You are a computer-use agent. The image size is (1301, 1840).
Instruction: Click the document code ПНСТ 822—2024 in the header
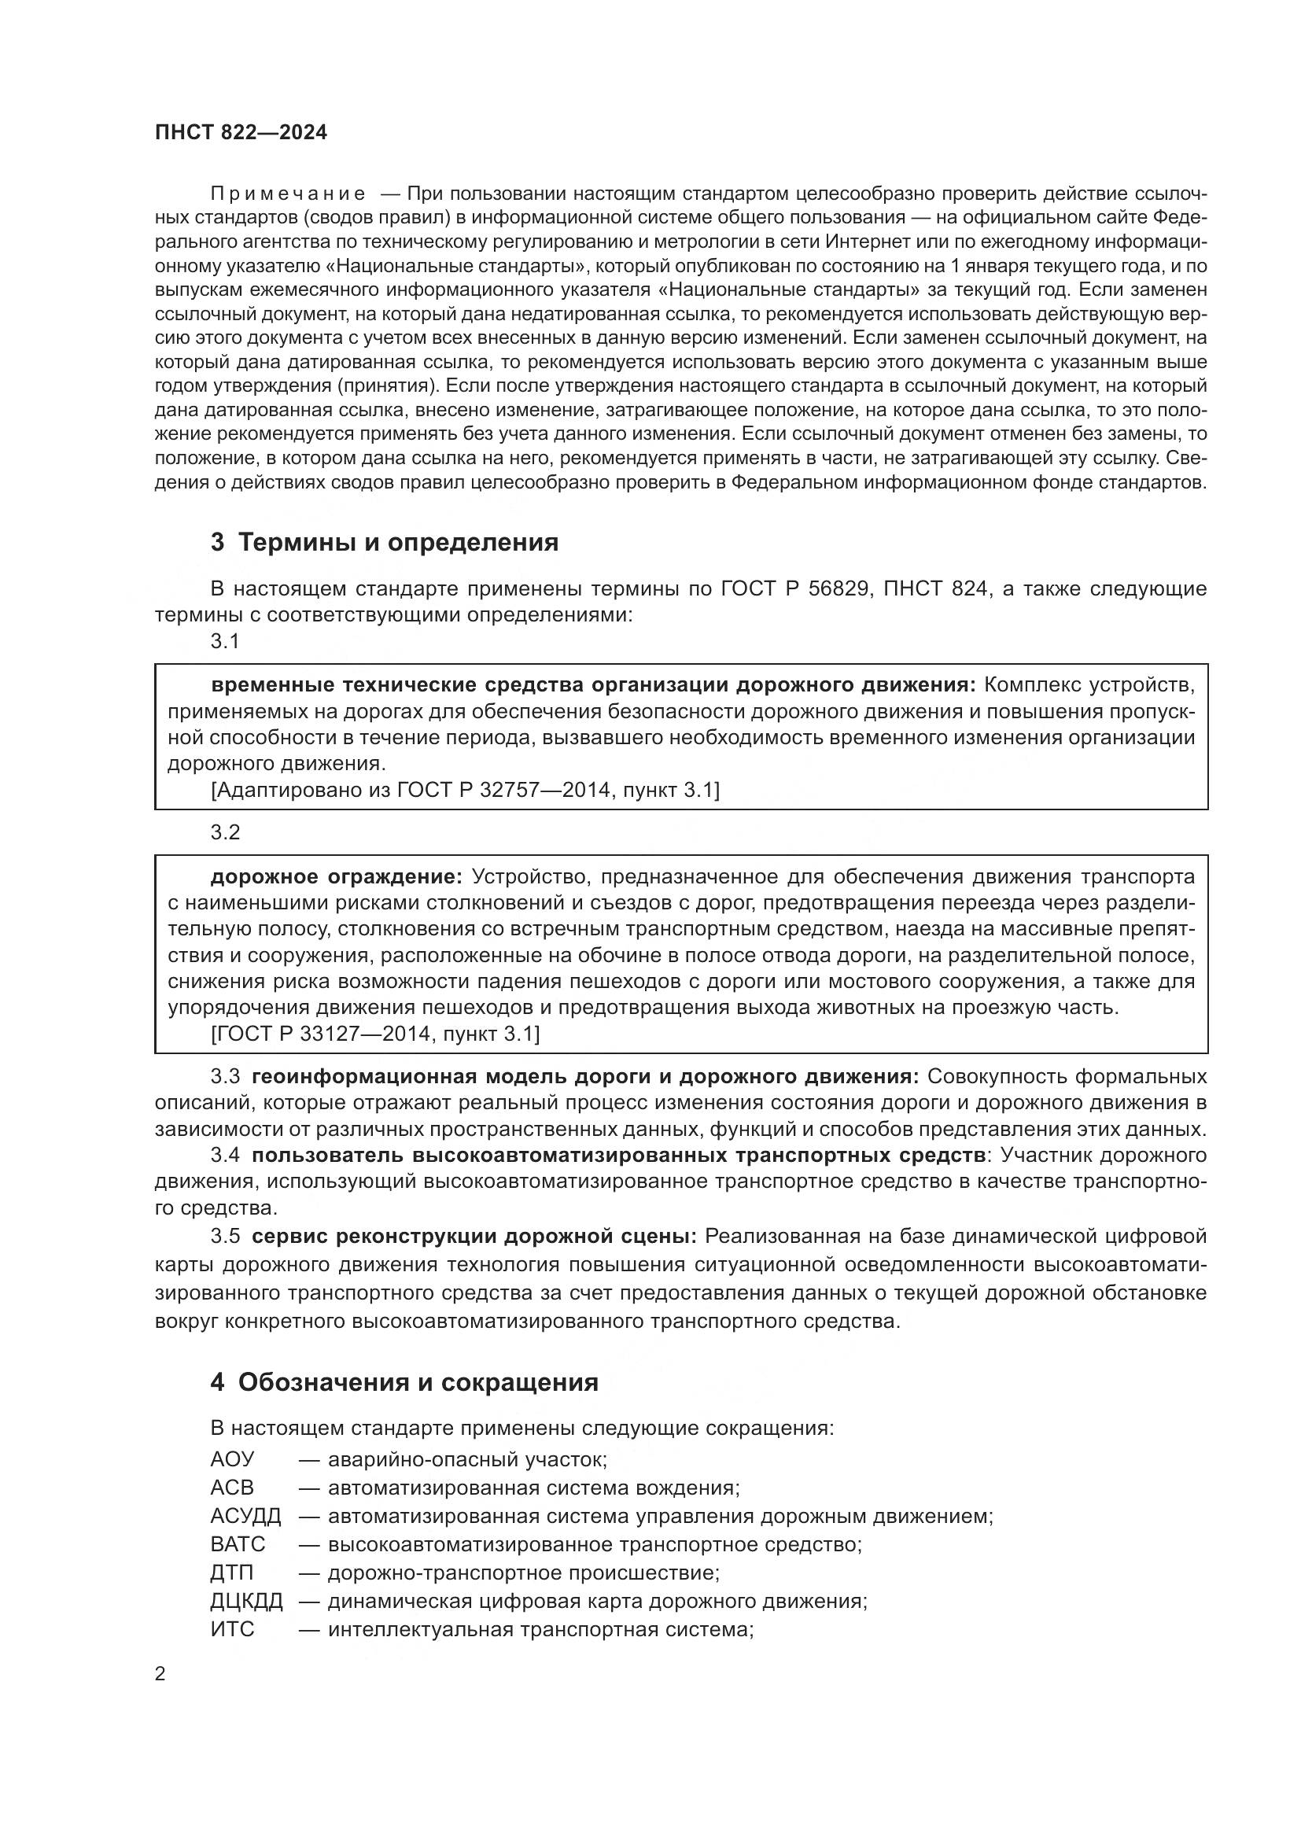point(241,133)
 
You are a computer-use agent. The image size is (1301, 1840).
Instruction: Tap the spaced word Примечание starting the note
point(289,194)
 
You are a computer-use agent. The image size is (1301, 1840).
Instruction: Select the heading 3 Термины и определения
point(385,543)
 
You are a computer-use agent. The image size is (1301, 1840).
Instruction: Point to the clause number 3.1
point(225,641)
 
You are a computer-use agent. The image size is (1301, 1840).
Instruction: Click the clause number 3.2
point(225,832)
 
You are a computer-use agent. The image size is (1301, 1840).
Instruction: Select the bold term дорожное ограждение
point(337,876)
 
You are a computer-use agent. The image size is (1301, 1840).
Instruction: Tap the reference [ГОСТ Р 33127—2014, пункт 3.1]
point(375,1034)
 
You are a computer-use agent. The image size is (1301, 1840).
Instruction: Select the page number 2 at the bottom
point(160,1674)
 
